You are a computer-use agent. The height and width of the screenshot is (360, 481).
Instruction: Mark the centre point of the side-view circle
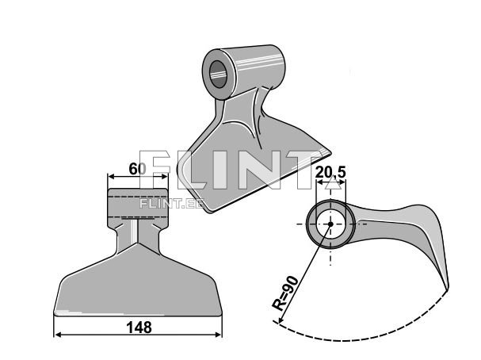pyautogui.click(x=328, y=224)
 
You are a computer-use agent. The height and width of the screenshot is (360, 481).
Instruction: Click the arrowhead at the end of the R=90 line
pyautogui.click(x=277, y=321)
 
